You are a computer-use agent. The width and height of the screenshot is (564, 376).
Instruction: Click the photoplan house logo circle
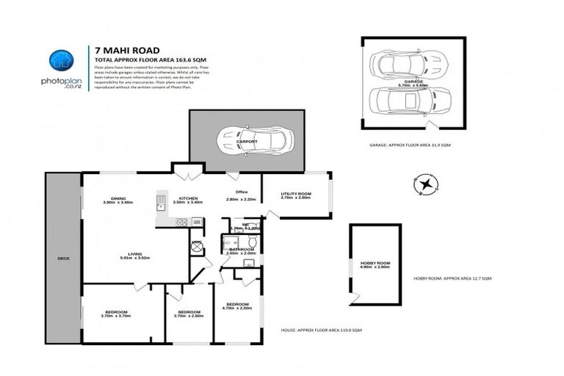pos(62,62)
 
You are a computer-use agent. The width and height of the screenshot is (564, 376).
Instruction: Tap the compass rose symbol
pos(423,183)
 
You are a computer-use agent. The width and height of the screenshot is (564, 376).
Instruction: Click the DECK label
pos(63,258)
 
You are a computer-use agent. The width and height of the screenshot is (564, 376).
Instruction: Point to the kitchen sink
pos(160,207)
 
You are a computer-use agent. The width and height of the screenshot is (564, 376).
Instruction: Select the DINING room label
pos(117,197)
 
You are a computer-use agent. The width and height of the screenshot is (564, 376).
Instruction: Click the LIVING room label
pos(134,253)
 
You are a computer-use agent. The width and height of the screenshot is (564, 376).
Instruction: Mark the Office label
pos(232,192)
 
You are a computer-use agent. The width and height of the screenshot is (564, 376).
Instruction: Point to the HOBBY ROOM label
pos(375,262)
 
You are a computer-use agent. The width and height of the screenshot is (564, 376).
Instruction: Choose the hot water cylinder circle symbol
pos(197,247)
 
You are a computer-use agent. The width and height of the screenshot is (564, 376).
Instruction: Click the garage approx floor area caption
pos(410,145)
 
